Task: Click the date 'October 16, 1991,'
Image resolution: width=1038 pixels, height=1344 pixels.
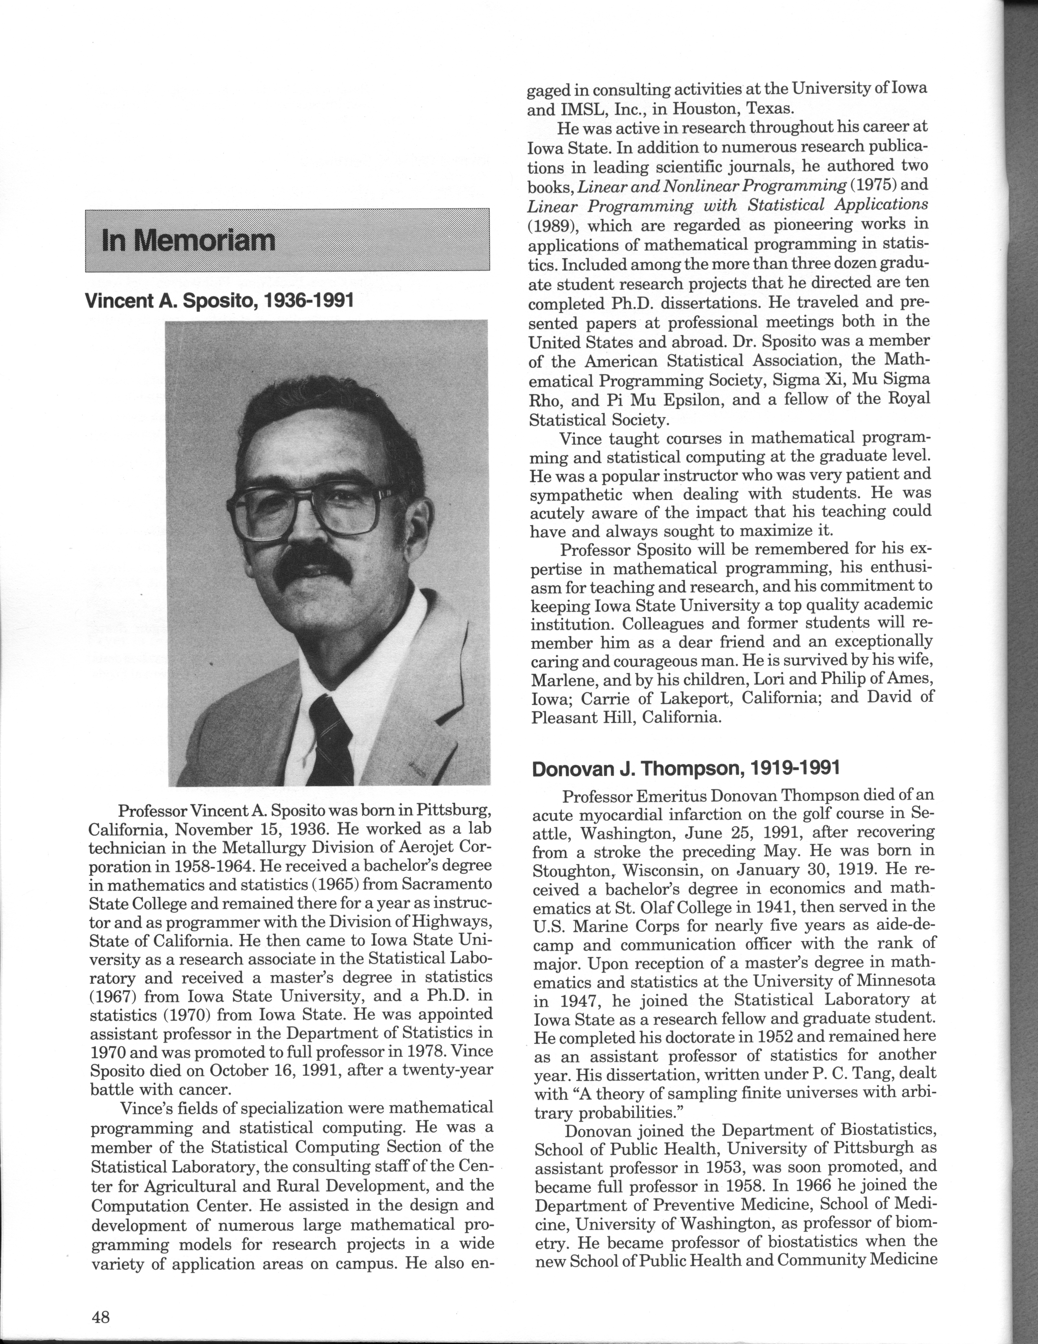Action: click(269, 1070)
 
